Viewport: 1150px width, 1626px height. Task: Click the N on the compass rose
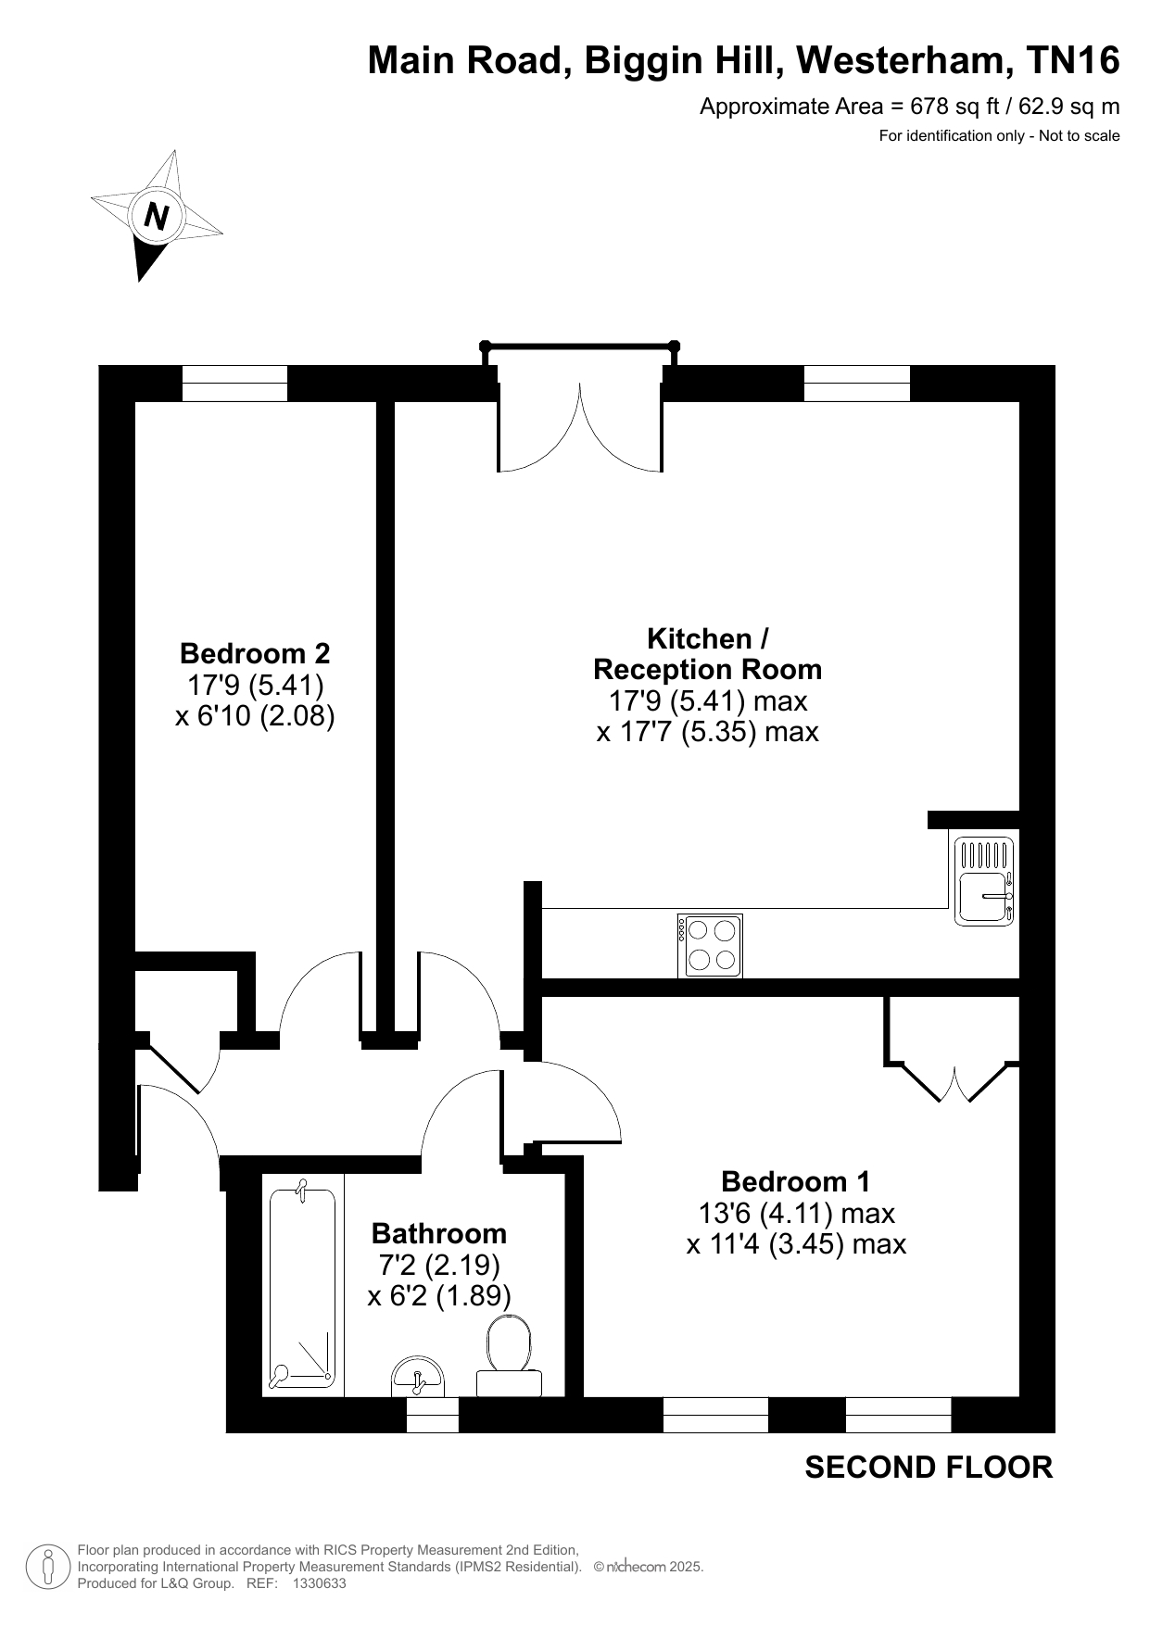pyautogui.click(x=157, y=216)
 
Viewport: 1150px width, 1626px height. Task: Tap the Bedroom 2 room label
pyautogui.click(x=255, y=654)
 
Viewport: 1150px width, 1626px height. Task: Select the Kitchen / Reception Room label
pyautogui.click(x=708, y=654)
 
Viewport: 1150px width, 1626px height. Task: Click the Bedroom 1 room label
pyautogui.click(x=796, y=1181)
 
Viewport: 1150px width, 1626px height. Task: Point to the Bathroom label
pyautogui.click(x=439, y=1233)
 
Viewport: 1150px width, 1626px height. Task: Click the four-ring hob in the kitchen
pyautogui.click(x=710, y=945)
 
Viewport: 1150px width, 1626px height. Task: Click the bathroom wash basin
pyautogui.click(x=419, y=1377)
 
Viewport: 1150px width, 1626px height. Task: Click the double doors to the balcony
pyautogui.click(x=581, y=427)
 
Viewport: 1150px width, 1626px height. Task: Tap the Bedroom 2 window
pyautogui.click(x=234, y=384)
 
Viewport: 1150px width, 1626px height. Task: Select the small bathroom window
pyautogui.click(x=434, y=1415)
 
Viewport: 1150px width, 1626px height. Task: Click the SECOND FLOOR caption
pyautogui.click(x=929, y=1468)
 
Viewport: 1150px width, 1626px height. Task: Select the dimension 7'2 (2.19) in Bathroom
pyautogui.click(x=439, y=1265)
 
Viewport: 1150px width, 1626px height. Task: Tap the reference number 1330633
pyautogui.click(x=319, y=1583)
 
